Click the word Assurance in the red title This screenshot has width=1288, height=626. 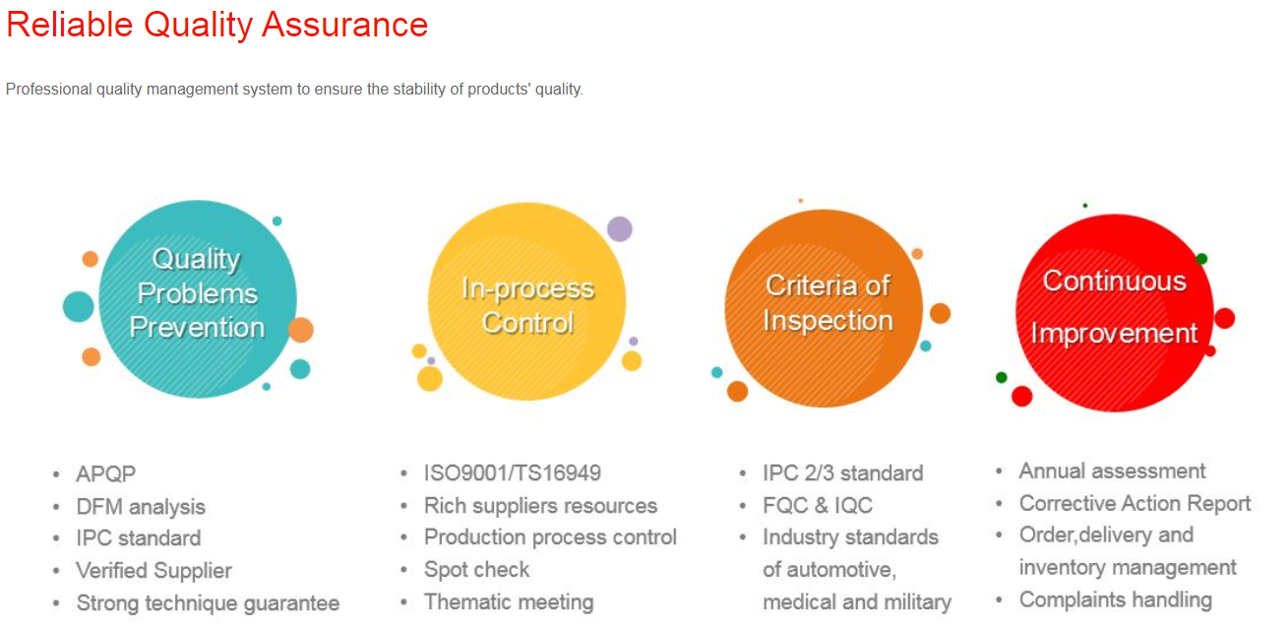(345, 25)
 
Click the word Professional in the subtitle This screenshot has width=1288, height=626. (49, 90)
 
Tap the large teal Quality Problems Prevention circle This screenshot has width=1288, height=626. (198, 299)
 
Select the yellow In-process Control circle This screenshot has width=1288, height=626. (526, 301)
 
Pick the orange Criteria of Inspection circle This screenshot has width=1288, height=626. (824, 308)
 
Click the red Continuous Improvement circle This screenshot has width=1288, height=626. (1115, 312)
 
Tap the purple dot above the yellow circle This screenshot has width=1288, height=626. (619, 229)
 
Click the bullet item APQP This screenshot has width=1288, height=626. (106, 474)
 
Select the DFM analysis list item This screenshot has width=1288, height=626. (141, 507)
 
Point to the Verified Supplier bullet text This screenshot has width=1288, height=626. (154, 571)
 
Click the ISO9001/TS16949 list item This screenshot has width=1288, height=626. (513, 473)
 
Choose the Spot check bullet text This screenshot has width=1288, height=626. (476, 570)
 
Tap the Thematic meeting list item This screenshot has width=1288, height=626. (509, 601)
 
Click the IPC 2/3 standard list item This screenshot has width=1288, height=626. (843, 473)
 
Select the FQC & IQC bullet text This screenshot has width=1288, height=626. (818, 505)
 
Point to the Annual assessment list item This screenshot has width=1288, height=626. (1113, 470)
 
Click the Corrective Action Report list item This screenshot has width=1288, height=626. (1135, 503)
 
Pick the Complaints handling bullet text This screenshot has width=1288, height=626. (1116, 599)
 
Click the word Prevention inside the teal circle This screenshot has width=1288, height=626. (197, 328)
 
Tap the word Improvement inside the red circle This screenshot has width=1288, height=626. (1115, 333)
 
